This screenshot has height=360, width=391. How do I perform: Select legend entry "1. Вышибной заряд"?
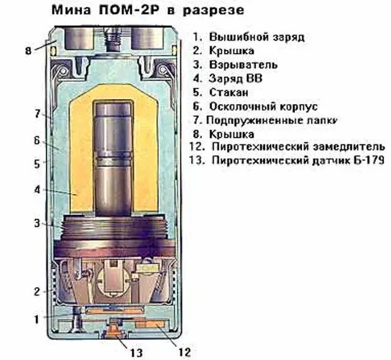[248, 37]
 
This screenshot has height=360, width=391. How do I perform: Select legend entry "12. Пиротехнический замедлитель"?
[286, 147]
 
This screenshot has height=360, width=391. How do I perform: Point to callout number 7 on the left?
[37, 114]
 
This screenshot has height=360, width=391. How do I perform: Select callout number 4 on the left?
[37, 189]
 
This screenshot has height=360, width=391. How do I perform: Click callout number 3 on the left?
[37, 223]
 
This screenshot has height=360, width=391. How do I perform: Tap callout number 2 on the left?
[37, 291]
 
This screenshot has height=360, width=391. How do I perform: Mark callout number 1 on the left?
[37, 319]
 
